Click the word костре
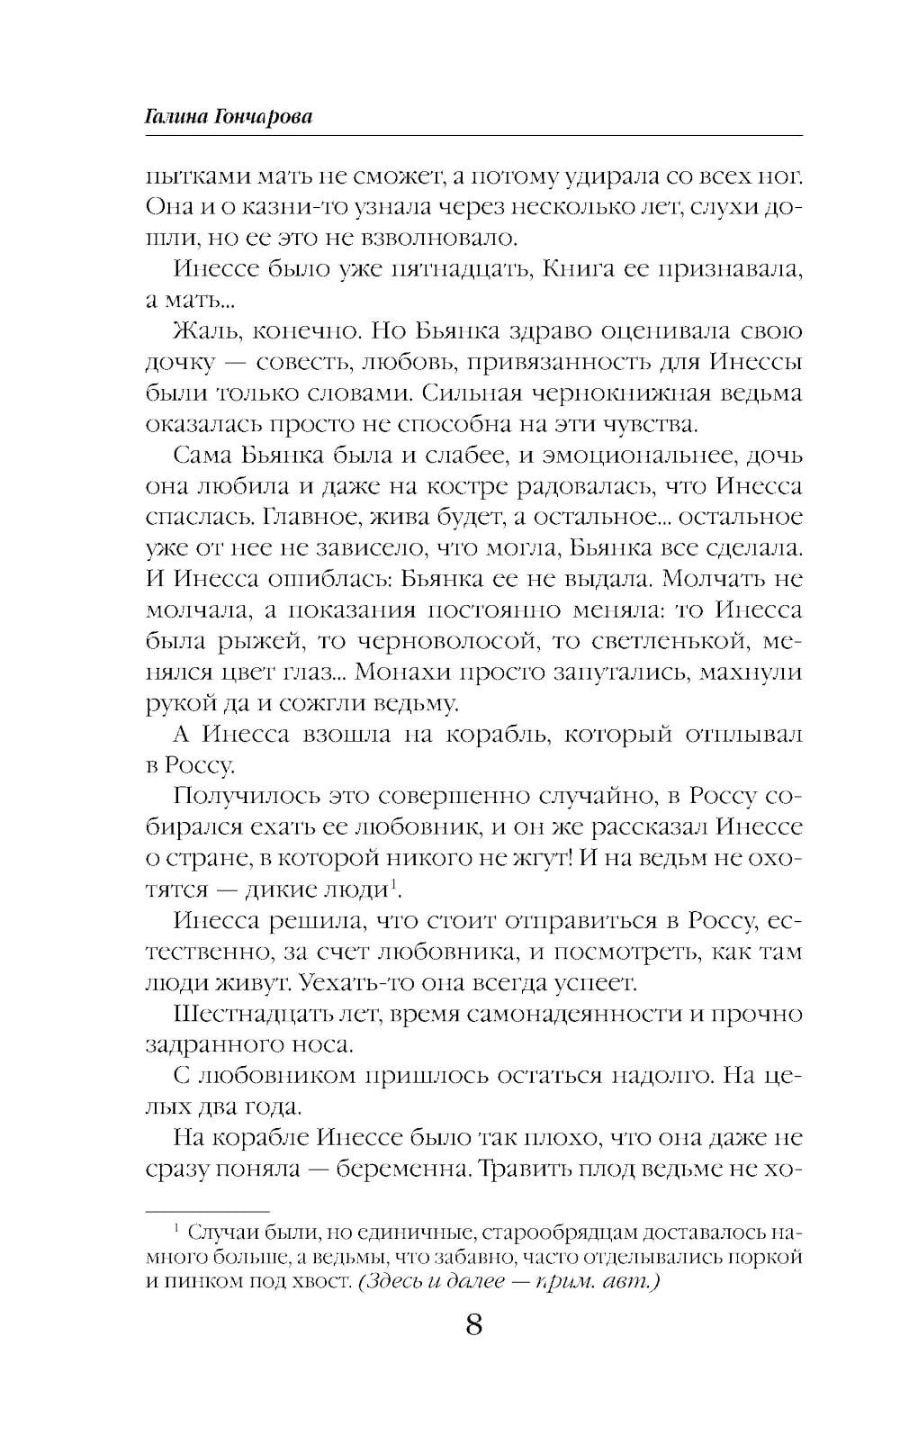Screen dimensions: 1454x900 463,486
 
